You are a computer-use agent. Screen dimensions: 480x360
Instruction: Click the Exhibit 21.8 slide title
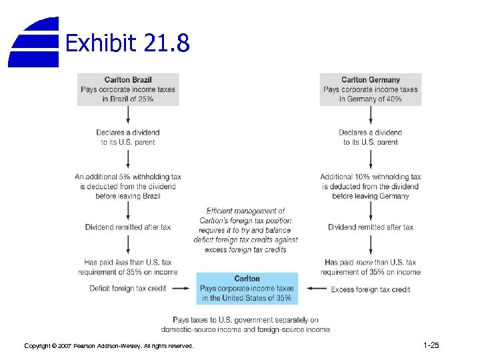click(x=127, y=43)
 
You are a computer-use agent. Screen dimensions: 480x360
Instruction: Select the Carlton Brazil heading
click(x=128, y=80)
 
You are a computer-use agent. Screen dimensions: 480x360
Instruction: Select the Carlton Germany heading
click(x=370, y=80)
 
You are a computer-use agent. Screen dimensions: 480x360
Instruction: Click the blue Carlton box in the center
click(x=247, y=288)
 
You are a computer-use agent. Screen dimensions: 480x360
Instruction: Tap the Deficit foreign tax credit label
click(x=127, y=289)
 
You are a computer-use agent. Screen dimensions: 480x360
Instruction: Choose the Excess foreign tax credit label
click(x=371, y=289)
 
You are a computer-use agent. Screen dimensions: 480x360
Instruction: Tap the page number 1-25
click(x=431, y=345)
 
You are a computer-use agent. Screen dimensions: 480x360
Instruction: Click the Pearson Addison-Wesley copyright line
click(x=109, y=346)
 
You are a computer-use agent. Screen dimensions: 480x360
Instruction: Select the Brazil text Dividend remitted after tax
click(x=128, y=227)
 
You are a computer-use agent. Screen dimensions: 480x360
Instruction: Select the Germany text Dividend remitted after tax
click(x=371, y=227)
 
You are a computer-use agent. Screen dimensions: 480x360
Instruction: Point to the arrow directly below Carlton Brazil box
click(x=128, y=116)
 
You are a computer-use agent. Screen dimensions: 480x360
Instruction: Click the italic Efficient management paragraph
click(x=246, y=231)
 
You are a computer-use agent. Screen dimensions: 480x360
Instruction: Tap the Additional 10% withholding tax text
click(x=371, y=186)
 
